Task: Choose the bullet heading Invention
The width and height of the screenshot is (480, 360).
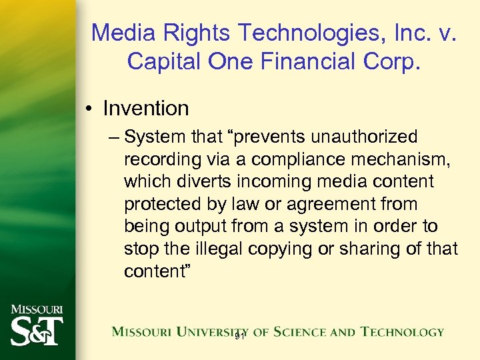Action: click(x=146, y=108)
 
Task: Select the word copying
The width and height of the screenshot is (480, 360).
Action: click(x=279, y=249)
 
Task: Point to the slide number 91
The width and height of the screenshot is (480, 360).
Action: click(x=241, y=338)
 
